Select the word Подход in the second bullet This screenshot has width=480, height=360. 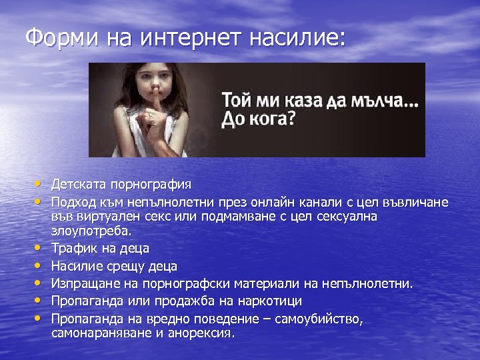pos(73,201)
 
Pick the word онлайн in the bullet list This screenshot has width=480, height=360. pos(297,201)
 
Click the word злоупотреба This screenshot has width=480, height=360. pos(91,232)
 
